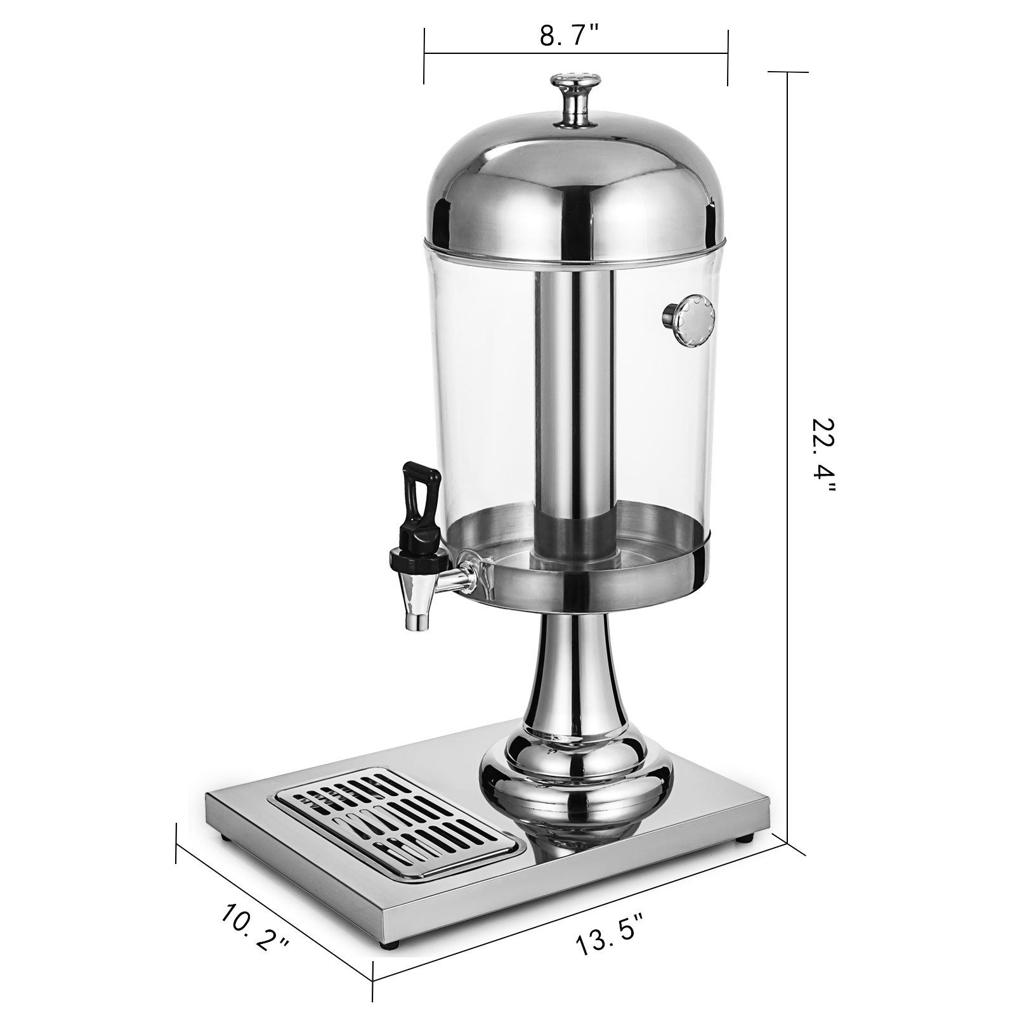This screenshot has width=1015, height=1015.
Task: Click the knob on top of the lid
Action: point(576,98)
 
